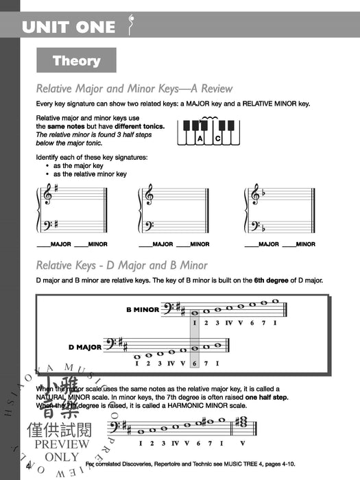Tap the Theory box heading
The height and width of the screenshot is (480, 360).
(76, 61)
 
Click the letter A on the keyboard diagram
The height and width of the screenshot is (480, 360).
(200, 139)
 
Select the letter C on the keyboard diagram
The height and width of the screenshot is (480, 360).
(217, 139)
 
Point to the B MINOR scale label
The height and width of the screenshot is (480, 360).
(143, 309)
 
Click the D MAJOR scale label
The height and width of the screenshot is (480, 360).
(83, 347)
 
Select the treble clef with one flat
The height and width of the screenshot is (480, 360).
(254, 195)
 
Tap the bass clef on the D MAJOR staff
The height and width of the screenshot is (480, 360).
(109, 346)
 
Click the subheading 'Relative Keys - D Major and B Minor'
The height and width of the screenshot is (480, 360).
(121, 265)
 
